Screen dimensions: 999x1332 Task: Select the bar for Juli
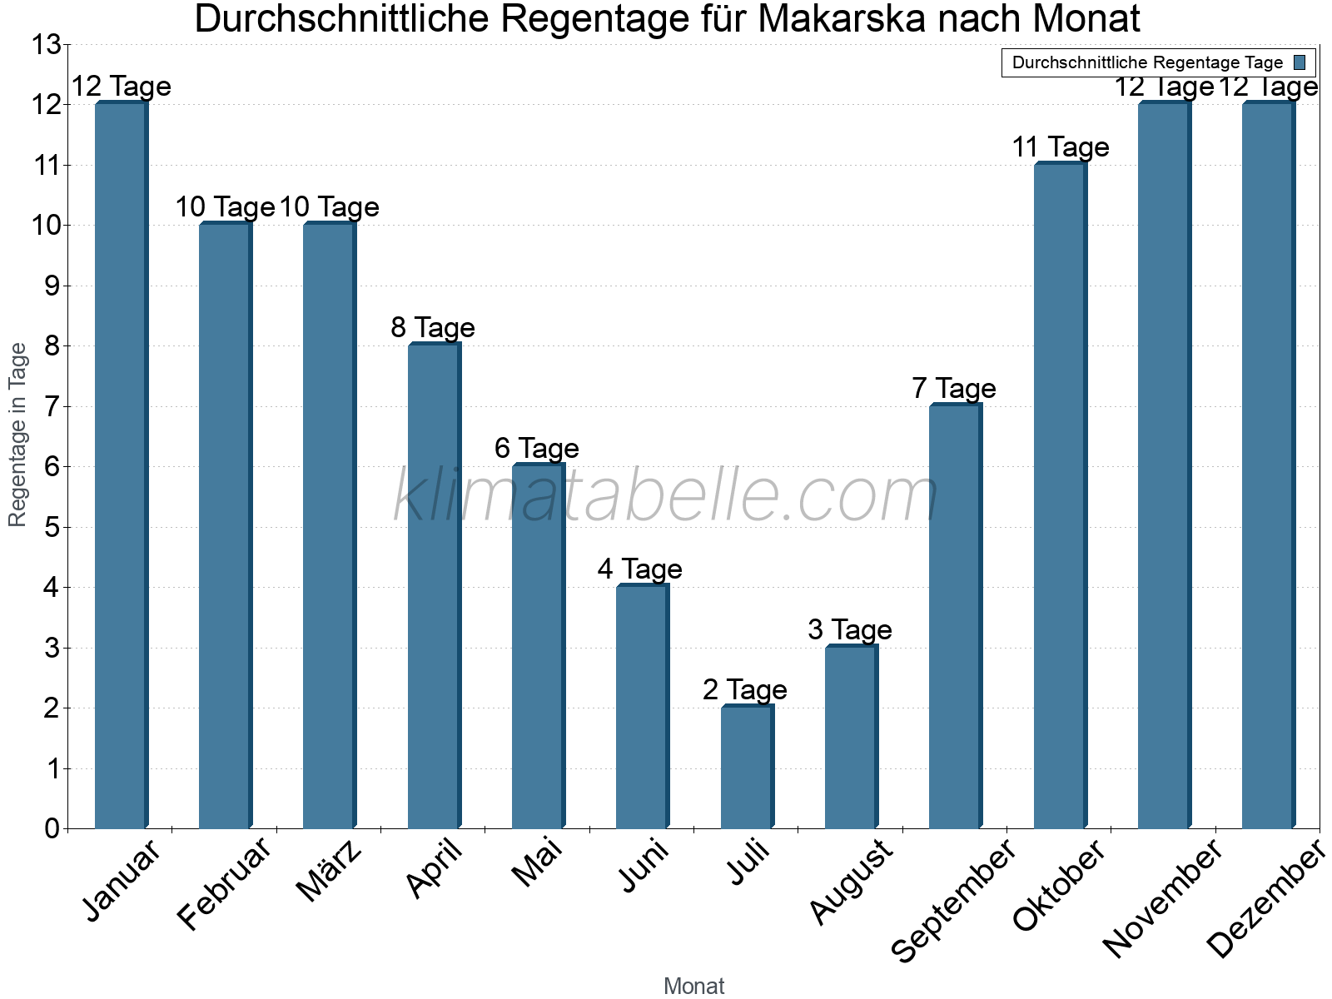pos(747,766)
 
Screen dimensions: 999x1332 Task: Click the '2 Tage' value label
pos(744,689)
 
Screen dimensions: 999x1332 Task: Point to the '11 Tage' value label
pos(1060,147)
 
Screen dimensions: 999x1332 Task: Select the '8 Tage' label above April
pos(433,328)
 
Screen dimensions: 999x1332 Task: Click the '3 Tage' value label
pos(849,629)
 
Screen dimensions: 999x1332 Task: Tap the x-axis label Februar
pos(225,884)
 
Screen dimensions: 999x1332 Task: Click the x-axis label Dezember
pos(1265,899)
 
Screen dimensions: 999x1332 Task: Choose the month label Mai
pos(537,863)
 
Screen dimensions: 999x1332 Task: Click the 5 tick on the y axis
pos(52,528)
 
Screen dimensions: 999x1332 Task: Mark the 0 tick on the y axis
pos(52,829)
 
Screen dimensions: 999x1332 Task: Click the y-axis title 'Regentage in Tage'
pos(17,435)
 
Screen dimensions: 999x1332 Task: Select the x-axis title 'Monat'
pos(693,987)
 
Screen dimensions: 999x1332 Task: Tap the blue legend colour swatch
pos(1300,62)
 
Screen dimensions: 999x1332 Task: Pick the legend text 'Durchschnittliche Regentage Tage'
pos(1147,62)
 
